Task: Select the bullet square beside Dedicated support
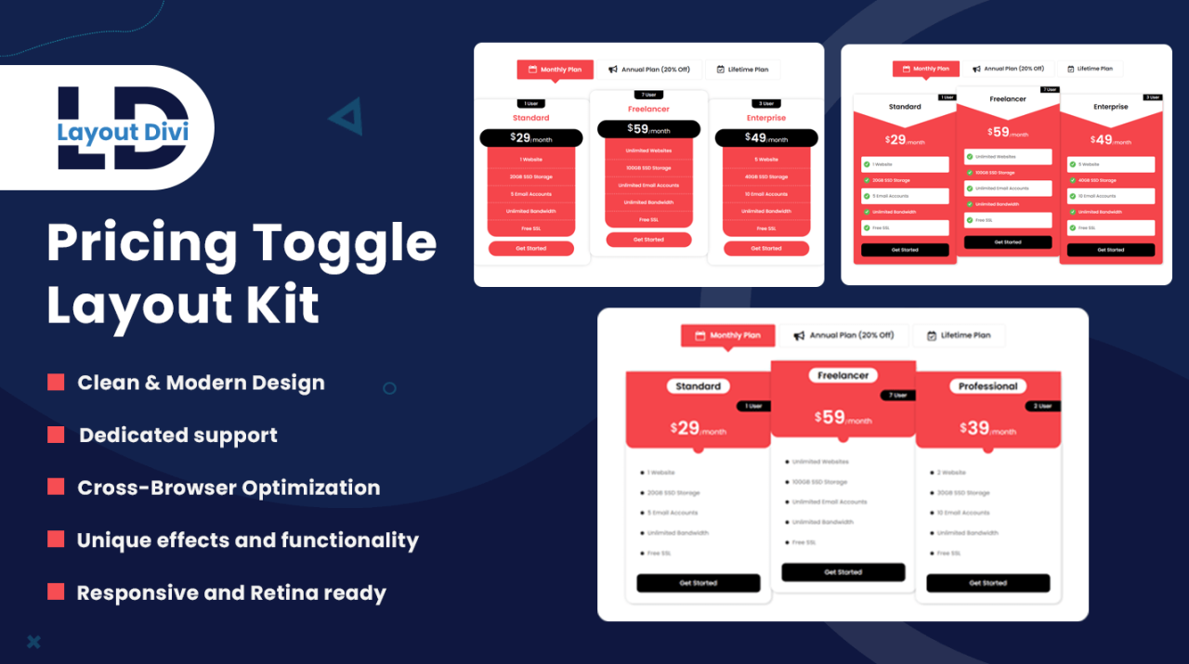(x=56, y=435)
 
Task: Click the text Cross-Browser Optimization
(x=229, y=488)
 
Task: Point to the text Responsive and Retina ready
(x=231, y=592)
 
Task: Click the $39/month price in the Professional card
(x=987, y=429)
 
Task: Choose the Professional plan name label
(x=987, y=386)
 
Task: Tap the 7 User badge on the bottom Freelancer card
(x=897, y=396)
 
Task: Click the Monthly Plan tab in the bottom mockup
(x=727, y=335)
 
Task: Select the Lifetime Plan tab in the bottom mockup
(x=958, y=335)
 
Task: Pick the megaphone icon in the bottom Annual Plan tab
(x=798, y=335)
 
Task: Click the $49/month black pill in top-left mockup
(x=765, y=138)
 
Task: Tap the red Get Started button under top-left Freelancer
(x=648, y=240)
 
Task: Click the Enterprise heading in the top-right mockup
(x=1110, y=107)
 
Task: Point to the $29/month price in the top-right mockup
(x=905, y=140)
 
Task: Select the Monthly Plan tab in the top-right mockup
(x=925, y=69)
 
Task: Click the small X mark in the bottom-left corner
(x=33, y=641)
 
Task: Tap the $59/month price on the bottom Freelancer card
(x=843, y=419)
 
